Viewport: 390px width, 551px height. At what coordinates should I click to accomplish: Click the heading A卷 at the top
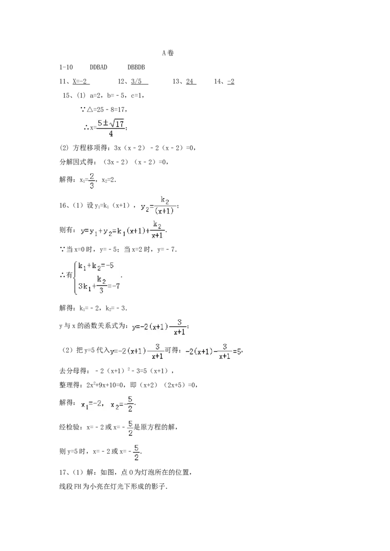tap(168, 53)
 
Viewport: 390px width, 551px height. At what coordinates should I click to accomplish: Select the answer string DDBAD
tap(98, 67)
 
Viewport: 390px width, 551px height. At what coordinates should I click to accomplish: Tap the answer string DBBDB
tap(136, 67)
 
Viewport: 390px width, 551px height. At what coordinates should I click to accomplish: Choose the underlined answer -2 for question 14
tap(231, 81)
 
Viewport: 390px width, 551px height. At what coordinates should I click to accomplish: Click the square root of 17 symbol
tap(117, 123)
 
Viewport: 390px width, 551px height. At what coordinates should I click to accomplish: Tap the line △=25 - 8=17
tap(104, 110)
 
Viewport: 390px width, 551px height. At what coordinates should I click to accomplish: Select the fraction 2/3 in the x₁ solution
tap(92, 181)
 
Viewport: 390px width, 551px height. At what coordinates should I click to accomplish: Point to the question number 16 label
tap(63, 205)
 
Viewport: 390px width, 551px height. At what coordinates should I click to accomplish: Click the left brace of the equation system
tap(76, 277)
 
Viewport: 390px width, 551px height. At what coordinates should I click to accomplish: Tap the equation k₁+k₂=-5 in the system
tap(96, 266)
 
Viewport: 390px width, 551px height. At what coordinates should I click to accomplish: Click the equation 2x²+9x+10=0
tap(105, 385)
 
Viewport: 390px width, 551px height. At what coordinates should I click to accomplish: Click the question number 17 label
tap(63, 473)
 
